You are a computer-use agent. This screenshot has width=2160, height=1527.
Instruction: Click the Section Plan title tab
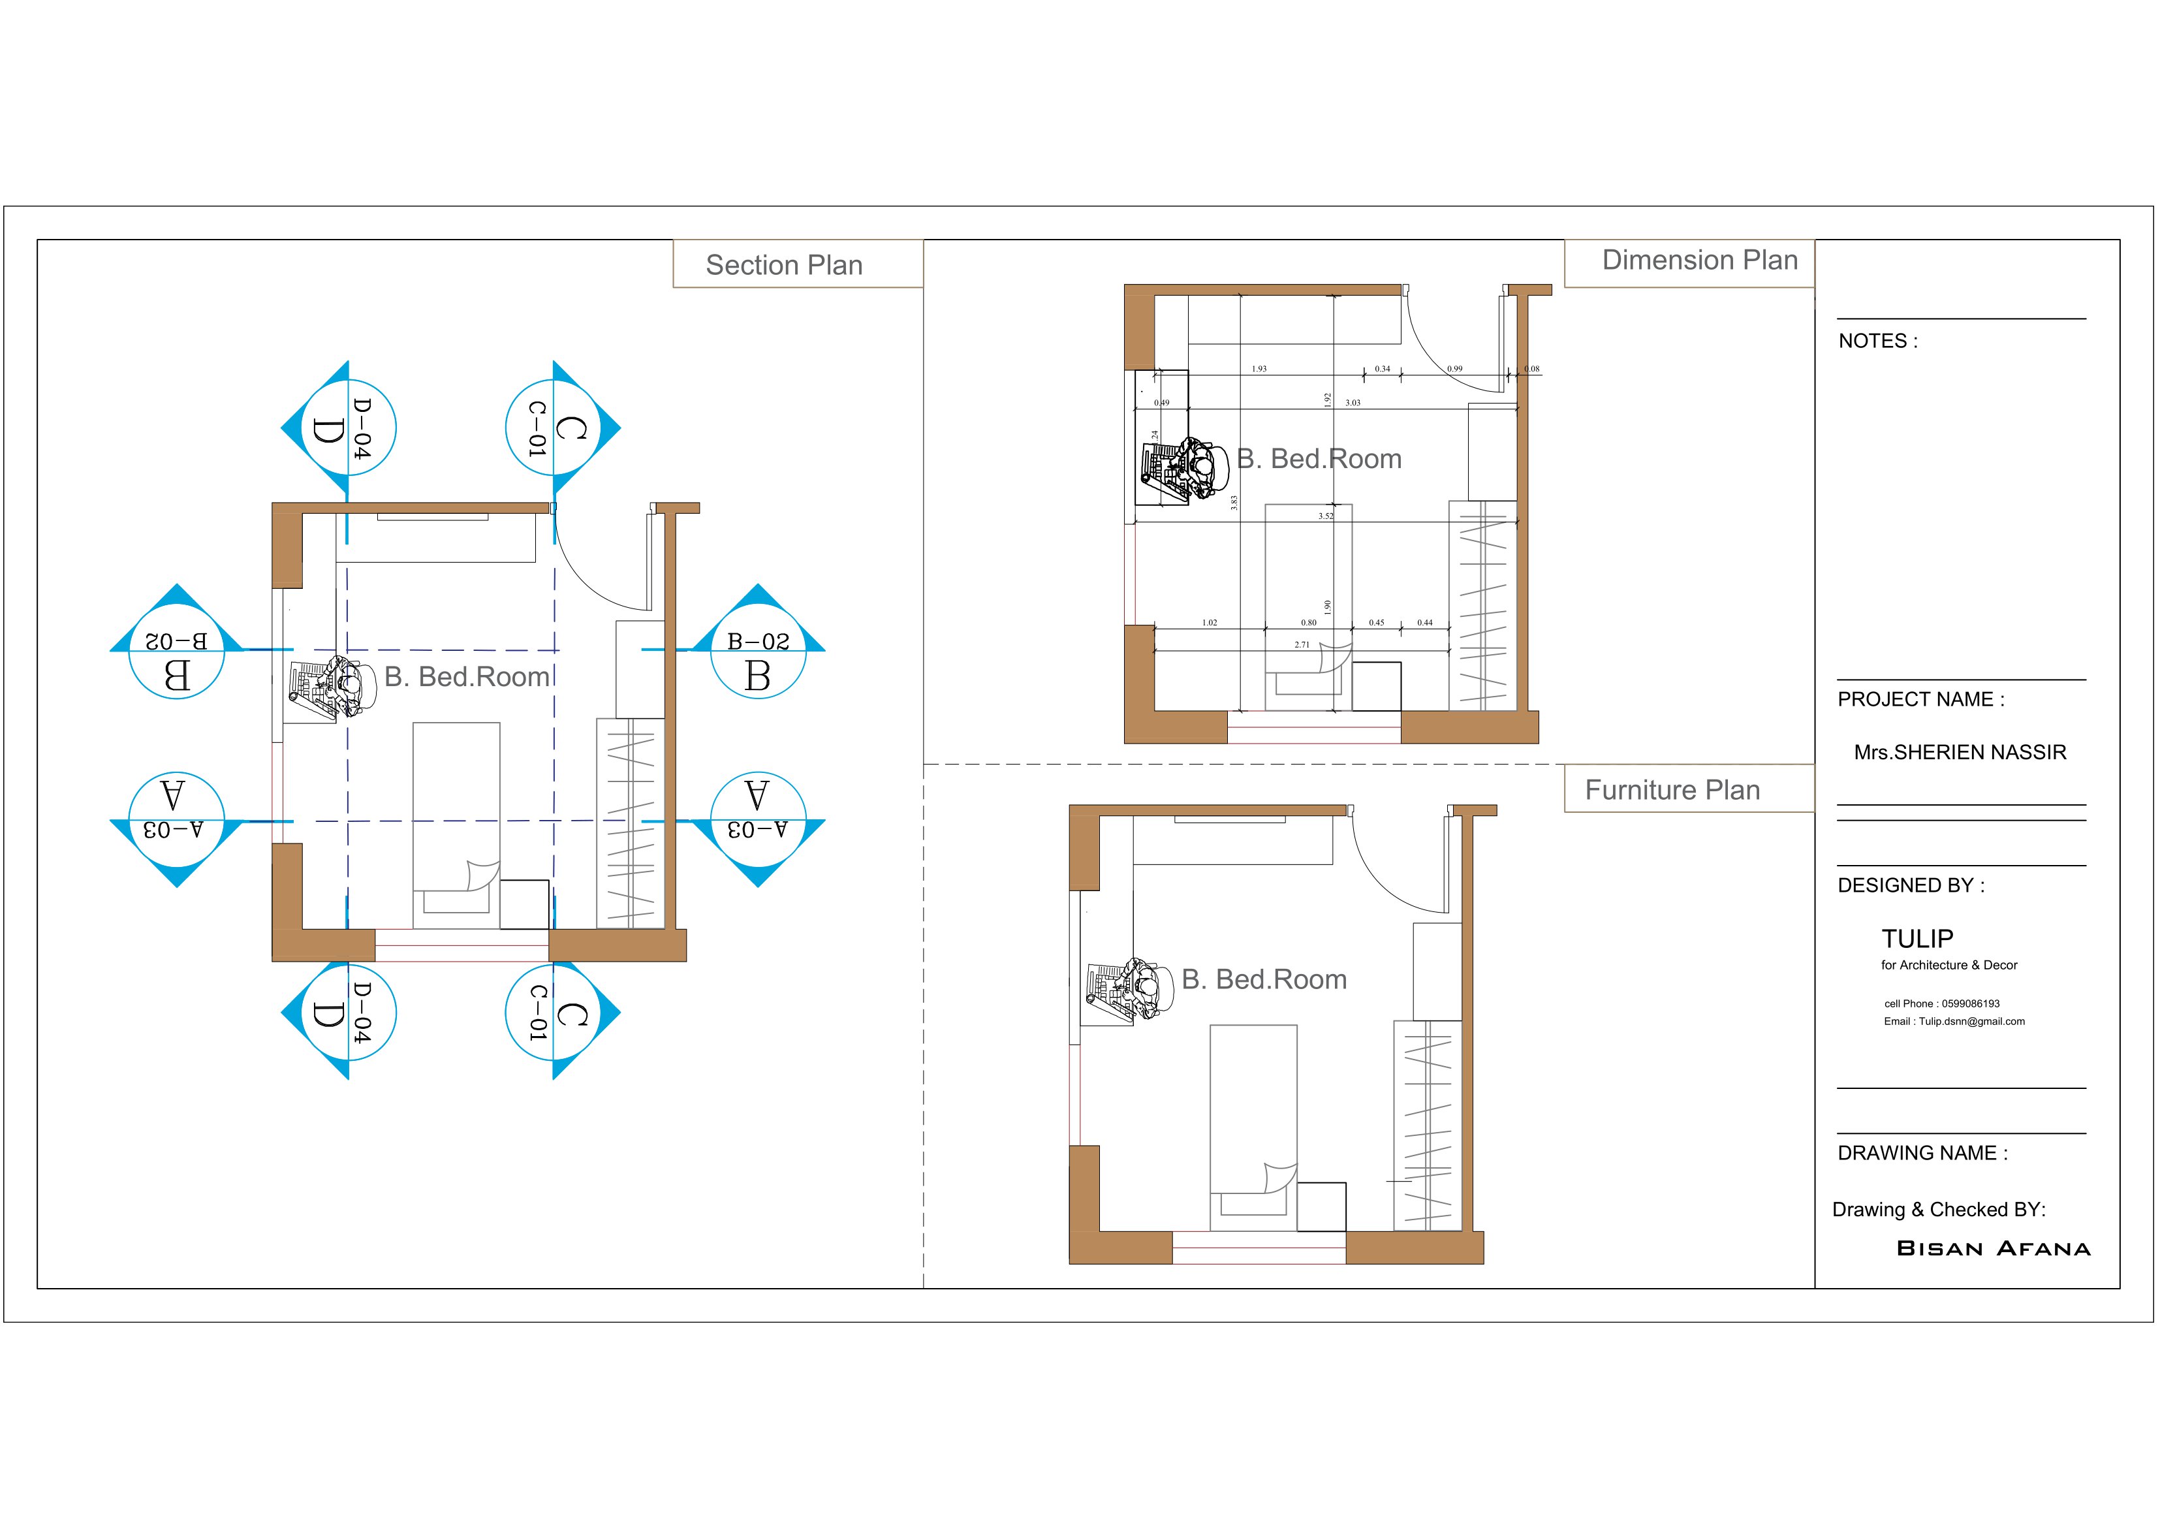[784, 265]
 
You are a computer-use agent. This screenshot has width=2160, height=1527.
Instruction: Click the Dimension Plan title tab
[1699, 260]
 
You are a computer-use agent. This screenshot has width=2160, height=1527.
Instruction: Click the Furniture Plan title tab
[1672, 791]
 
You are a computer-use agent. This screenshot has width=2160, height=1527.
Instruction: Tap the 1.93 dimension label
[1259, 369]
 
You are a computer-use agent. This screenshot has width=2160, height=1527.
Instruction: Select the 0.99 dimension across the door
[1454, 369]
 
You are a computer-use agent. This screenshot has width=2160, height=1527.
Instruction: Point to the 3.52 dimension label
[1326, 516]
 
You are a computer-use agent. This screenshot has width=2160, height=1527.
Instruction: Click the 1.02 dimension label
[1209, 623]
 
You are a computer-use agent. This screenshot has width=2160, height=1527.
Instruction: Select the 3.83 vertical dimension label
[1233, 503]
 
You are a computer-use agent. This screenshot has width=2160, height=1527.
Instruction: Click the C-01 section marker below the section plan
[554, 1013]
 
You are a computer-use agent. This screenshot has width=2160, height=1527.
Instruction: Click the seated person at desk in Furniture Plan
[1138, 989]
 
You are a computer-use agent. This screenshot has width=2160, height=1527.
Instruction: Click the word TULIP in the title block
[1917, 939]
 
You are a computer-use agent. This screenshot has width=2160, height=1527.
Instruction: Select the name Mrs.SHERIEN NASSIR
[1960, 753]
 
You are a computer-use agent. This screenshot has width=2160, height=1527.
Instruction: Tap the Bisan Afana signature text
[1992, 1248]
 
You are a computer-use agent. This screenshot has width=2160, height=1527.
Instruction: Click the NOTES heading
[1877, 341]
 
